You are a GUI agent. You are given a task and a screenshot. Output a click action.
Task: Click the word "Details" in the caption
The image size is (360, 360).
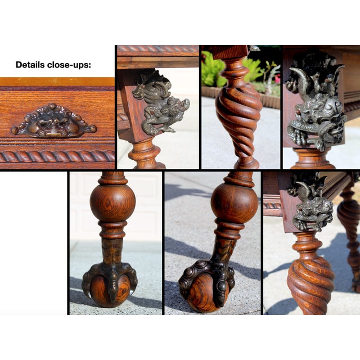[30, 65]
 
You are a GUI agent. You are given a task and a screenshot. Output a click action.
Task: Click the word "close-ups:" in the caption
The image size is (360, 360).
[69, 65]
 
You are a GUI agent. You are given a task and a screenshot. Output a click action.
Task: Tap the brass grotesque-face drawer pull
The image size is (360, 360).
[54, 121]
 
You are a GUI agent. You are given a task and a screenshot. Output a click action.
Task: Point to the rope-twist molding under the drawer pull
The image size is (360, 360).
[57, 156]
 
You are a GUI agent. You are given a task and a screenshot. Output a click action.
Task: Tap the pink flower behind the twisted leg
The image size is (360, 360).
[277, 79]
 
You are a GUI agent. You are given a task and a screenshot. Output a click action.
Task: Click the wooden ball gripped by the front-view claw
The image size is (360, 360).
[110, 290]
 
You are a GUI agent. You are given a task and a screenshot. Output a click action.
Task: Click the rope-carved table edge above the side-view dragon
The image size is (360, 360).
[158, 49]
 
